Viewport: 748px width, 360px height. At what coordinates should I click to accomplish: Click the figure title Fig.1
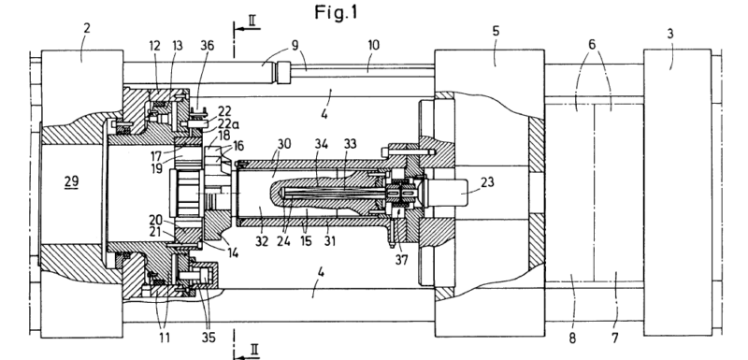point(336,12)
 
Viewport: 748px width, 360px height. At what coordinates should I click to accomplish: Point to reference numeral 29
point(71,181)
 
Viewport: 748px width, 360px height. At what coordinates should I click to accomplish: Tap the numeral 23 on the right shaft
point(486,182)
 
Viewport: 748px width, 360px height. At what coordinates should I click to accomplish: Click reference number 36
point(207,45)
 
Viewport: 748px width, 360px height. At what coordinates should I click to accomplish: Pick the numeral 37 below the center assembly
point(402,260)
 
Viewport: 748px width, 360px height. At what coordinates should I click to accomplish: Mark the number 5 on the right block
point(496,32)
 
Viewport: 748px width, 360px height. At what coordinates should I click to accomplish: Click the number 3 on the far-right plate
point(670,34)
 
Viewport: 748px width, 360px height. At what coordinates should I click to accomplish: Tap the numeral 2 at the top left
point(86,28)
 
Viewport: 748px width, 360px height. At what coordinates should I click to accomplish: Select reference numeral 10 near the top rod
point(373,45)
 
